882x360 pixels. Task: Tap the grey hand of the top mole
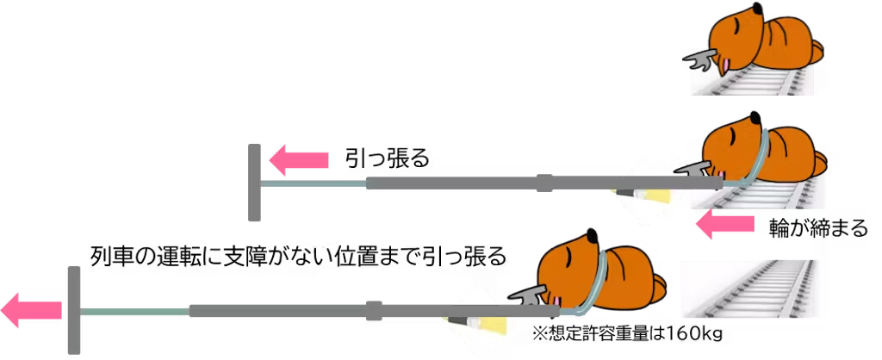[x=699, y=60]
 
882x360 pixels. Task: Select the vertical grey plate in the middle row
[x=255, y=182]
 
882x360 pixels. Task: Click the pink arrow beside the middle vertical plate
[x=300, y=161]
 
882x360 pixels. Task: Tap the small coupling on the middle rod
[x=544, y=183]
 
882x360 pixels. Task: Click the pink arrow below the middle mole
[x=724, y=226]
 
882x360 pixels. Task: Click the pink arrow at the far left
[x=31, y=310]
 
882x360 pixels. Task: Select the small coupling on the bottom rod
[x=374, y=310]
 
